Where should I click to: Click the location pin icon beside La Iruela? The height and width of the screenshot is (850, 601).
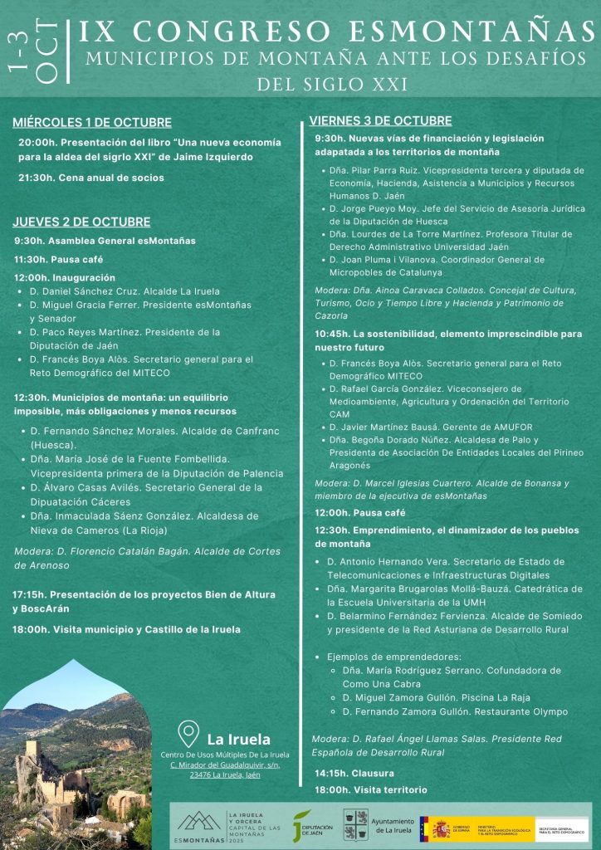tap(188, 735)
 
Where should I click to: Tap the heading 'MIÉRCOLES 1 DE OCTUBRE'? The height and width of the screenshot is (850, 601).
tap(92, 123)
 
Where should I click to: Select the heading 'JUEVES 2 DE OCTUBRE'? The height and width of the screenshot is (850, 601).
tap(81, 222)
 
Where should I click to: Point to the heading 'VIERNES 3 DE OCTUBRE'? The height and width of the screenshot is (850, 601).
tap(380, 120)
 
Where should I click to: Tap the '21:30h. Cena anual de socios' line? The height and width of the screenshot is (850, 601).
tap(91, 178)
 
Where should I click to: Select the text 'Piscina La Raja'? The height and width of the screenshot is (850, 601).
tap(494, 698)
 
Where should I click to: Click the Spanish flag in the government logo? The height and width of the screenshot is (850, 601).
tap(424, 828)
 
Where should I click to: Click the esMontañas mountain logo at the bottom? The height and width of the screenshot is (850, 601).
tap(199, 823)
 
